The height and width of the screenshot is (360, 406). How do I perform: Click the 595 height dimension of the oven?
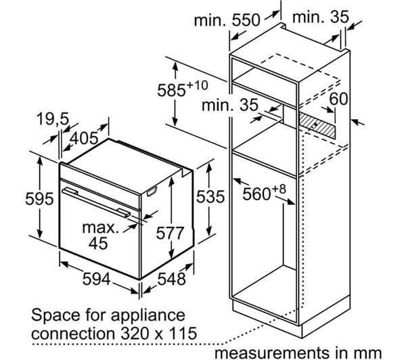pyautogui.click(x=39, y=199)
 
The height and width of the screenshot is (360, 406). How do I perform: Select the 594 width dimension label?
pyautogui.click(x=97, y=279)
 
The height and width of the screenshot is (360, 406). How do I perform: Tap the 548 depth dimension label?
pyautogui.click(x=171, y=279)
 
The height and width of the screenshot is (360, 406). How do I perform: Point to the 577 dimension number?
pyautogui.click(x=170, y=233)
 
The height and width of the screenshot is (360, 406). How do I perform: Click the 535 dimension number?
pyautogui.click(x=210, y=196)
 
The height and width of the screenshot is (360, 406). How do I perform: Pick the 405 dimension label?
pyautogui.click(x=84, y=138)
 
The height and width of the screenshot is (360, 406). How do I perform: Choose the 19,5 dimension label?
pyautogui.click(x=53, y=119)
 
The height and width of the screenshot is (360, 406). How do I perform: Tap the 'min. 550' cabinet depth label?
pyautogui.click(x=227, y=20)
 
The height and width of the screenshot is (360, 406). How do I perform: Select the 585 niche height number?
pyautogui.click(x=171, y=91)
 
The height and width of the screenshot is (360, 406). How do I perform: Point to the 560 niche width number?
pyautogui.click(x=256, y=194)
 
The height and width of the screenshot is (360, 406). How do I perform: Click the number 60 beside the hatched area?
pyautogui.click(x=338, y=99)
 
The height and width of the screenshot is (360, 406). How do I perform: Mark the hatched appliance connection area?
pyautogui.click(x=317, y=125)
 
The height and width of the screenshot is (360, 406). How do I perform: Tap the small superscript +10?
pyautogui.click(x=197, y=85)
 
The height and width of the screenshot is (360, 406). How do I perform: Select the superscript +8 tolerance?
pyautogui.click(x=279, y=189)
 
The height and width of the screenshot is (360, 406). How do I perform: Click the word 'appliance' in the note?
pyautogui.click(x=148, y=316)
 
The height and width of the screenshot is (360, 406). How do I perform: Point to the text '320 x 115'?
pyautogui.click(x=159, y=333)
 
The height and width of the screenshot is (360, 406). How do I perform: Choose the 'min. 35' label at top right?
pyautogui.click(x=321, y=18)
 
